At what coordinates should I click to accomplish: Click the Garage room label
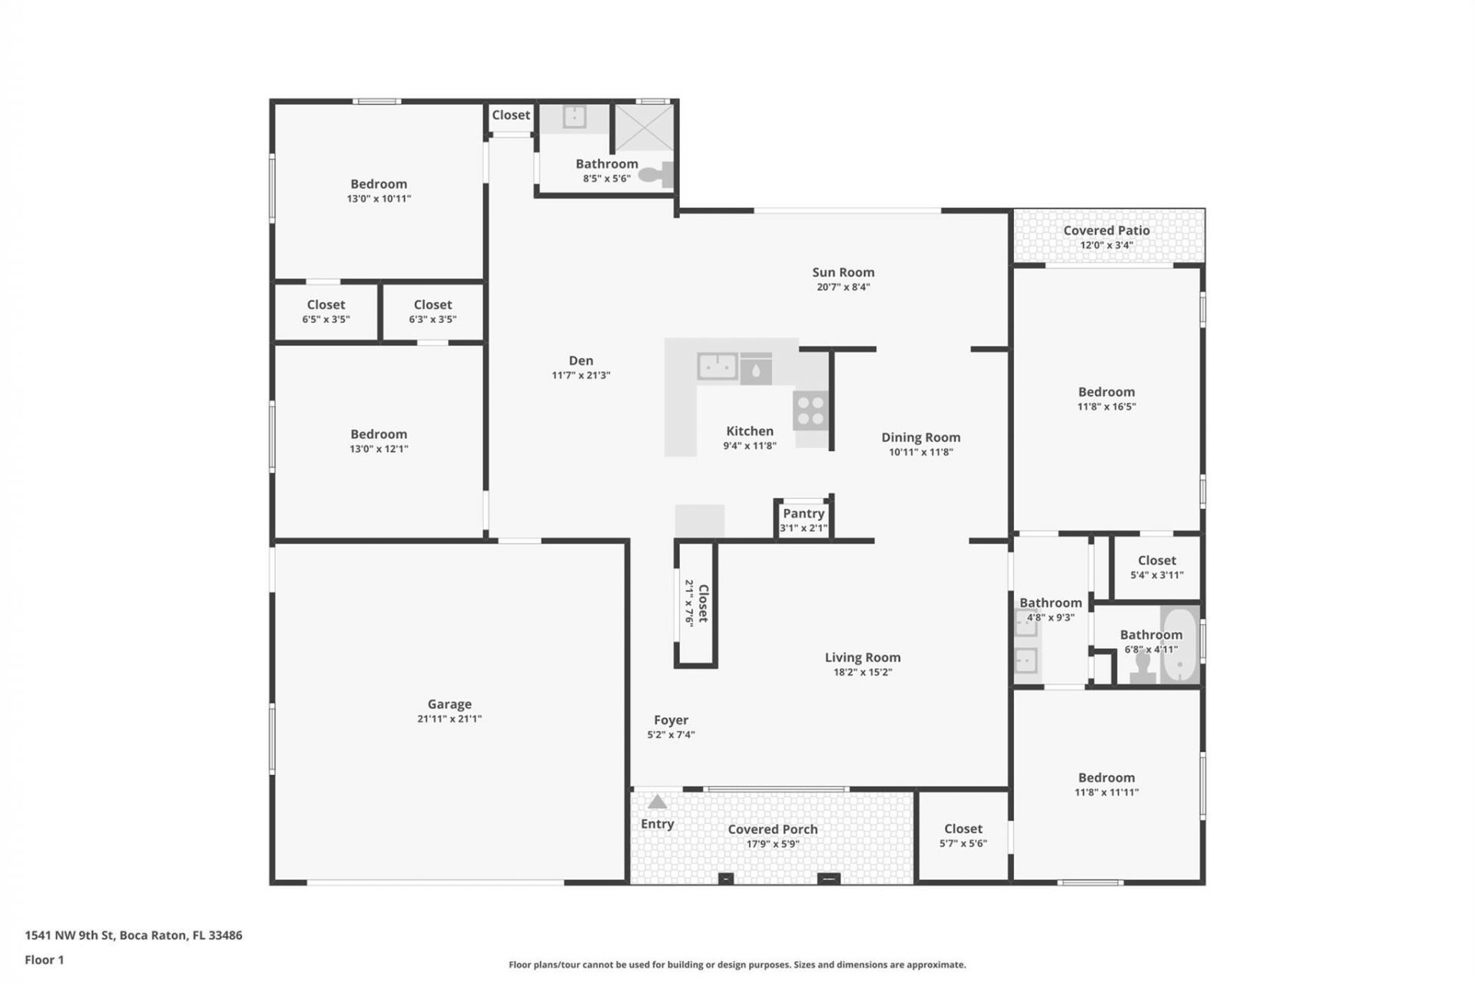tap(449, 704)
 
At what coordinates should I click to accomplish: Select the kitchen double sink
tap(718, 367)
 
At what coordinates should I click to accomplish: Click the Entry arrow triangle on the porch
tap(657, 803)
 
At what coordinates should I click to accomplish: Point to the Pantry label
tap(804, 514)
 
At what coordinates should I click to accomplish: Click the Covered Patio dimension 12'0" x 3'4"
tap(1106, 245)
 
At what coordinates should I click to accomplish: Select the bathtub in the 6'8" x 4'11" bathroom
tap(1179, 645)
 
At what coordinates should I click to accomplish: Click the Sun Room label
tap(843, 272)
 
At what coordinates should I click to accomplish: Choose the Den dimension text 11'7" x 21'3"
tap(581, 375)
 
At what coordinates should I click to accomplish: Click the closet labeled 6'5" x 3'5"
tap(326, 311)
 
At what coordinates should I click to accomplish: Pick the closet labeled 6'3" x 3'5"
tap(433, 311)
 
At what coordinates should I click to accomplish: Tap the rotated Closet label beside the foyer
tap(702, 603)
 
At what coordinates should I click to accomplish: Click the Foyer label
tap(671, 720)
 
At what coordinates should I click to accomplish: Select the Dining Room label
tap(920, 437)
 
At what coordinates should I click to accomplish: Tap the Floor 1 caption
tap(45, 959)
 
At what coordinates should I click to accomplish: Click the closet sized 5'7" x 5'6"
tap(963, 836)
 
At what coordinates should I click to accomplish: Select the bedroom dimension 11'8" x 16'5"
tap(1106, 407)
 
